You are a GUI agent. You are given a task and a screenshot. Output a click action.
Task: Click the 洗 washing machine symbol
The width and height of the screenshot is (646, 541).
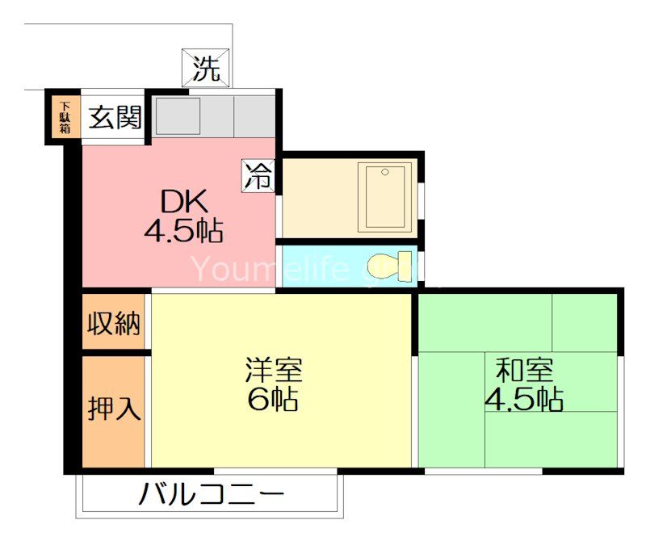(x=206, y=69)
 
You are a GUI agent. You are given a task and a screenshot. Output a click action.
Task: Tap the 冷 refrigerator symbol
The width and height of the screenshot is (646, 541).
(x=259, y=176)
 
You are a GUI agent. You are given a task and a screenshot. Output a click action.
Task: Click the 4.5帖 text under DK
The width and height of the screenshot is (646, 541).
(x=184, y=232)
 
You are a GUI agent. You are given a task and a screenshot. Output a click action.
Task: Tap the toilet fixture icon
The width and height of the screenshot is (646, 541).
(x=385, y=266)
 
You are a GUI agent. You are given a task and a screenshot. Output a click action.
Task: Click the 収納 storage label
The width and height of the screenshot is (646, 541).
(x=115, y=323)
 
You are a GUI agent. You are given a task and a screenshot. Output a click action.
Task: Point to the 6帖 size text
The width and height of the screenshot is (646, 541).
(x=274, y=399)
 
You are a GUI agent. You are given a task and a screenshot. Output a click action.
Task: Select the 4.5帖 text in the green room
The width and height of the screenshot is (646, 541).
(x=524, y=399)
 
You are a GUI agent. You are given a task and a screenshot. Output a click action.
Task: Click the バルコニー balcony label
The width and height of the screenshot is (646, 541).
(x=212, y=494)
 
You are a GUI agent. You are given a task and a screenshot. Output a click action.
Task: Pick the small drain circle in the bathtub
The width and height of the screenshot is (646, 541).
(x=386, y=172)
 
